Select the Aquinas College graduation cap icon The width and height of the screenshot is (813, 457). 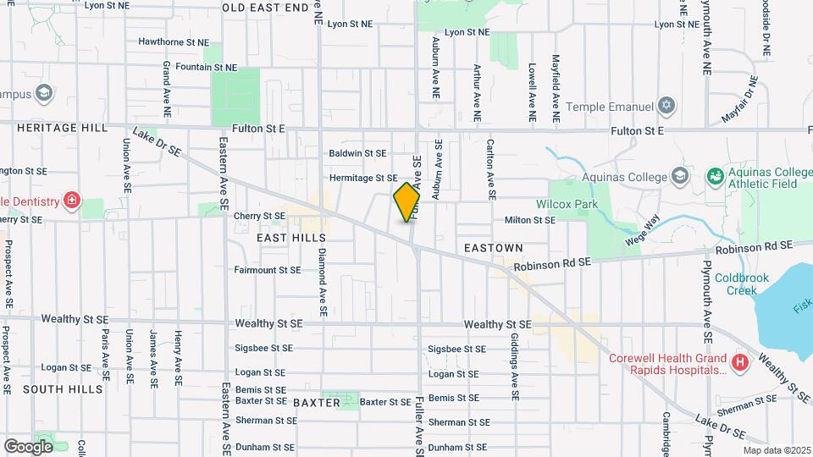coord(678,176)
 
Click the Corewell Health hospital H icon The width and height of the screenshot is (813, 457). coord(740,363)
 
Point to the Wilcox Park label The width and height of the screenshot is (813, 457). coord(567,204)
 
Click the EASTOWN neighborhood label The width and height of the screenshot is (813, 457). coord(495,248)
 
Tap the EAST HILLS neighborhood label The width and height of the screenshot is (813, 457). coord(290,239)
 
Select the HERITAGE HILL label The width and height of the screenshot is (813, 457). coord(61,128)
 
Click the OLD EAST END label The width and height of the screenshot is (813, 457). coord(266,8)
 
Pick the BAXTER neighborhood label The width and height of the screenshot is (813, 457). coord(316,403)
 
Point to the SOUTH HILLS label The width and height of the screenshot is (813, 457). coord(62,389)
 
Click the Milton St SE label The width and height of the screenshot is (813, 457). coord(529,220)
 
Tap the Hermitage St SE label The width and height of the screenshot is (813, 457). coord(363,178)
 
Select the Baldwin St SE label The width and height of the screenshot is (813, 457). coord(357,153)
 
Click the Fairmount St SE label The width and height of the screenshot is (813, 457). coord(268,271)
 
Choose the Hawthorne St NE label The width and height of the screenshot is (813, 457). coord(173,41)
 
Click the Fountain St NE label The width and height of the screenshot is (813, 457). coord(183,67)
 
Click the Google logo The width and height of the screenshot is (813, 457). coord(28,446)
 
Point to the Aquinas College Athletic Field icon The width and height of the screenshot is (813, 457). coord(716,176)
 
